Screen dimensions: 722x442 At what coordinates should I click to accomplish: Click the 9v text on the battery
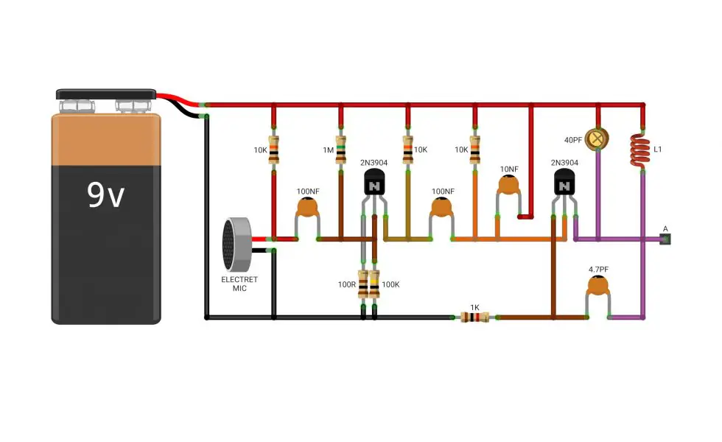click(105, 194)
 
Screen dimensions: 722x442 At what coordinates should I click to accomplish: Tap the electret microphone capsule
click(236, 245)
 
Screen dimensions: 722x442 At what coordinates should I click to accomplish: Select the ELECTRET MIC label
click(239, 284)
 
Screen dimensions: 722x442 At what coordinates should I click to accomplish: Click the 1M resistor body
click(340, 150)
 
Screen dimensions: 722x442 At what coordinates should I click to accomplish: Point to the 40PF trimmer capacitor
click(597, 138)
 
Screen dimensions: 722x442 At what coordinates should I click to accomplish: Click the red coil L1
click(640, 150)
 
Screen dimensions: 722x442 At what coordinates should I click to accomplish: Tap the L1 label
click(657, 149)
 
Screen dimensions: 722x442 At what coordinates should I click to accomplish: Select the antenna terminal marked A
click(665, 239)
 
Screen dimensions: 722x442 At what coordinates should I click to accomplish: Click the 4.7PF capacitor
click(597, 287)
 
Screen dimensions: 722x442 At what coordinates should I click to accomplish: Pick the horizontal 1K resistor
click(474, 318)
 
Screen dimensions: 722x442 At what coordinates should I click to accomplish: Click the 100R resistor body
click(363, 284)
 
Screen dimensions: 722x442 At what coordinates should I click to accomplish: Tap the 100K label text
click(390, 284)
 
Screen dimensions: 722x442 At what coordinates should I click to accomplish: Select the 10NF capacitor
click(509, 185)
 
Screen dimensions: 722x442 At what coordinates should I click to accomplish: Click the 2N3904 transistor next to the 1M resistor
click(374, 183)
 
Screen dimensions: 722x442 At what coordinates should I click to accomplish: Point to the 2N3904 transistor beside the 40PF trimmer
click(564, 183)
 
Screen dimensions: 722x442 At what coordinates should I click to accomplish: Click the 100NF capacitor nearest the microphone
click(307, 207)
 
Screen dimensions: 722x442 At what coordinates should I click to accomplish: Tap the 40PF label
click(573, 140)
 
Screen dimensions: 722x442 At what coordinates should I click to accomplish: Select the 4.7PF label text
click(598, 270)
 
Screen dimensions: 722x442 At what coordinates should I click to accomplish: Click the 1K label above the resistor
click(474, 308)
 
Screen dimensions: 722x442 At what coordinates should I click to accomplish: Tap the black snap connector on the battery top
click(106, 94)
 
